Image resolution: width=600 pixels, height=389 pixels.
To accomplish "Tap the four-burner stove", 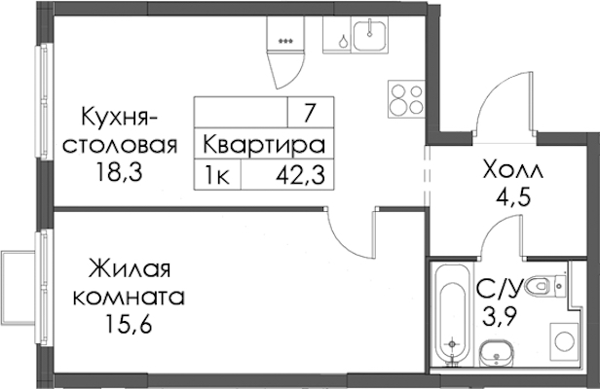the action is [407, 99].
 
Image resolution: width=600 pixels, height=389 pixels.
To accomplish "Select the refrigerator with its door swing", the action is [285, 52].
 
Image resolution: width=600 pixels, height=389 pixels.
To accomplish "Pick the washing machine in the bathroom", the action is [564, 341].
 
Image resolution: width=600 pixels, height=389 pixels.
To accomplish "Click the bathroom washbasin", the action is [497, 353].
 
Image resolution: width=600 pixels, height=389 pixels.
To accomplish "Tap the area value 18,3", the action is [120, 172].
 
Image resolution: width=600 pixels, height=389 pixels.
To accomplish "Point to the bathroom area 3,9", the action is [500, 316].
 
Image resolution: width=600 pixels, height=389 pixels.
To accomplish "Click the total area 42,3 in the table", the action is [300, 175].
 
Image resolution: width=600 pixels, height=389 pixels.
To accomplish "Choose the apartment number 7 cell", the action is [311, 112].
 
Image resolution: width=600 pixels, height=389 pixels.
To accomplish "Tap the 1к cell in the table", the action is [217, 175].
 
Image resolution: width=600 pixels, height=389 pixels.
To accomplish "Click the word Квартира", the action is [264, 145].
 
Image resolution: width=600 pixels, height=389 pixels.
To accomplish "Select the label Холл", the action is [513, 170].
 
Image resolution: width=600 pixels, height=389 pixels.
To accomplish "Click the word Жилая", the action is [130, 268].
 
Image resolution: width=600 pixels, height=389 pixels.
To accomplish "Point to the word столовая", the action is [120, 146].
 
